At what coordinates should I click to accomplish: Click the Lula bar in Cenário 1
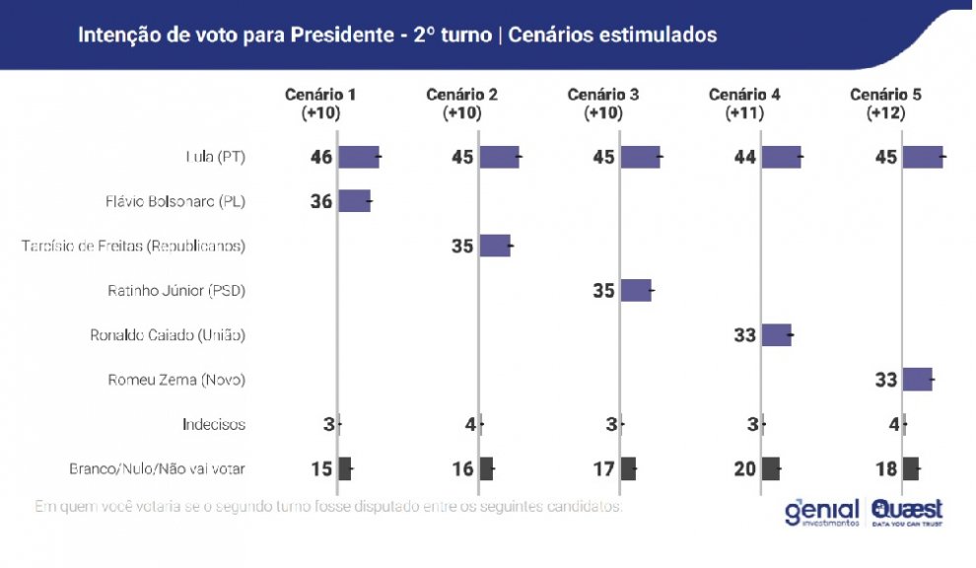coord(359,157)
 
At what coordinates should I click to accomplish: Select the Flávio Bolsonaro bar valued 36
coord(355,201)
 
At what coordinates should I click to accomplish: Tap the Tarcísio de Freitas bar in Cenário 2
coord(495,246)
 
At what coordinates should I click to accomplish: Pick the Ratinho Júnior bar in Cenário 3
coord(636,290)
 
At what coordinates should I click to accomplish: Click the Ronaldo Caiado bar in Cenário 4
coord(776,334)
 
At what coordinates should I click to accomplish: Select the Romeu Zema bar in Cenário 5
coord(917,379)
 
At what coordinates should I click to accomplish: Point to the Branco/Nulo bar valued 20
coord(771,468)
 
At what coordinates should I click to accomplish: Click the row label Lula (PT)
coord(215,157)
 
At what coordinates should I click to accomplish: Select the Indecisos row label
coord(214,425)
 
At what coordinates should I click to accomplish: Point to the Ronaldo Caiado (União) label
coord(168,335)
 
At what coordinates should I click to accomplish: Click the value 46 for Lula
coord(321,157)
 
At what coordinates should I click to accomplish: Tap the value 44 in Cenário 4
coord(744,157)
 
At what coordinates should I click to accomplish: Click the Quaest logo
coord(907,512)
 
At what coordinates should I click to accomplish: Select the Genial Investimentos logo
coord(822,513)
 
